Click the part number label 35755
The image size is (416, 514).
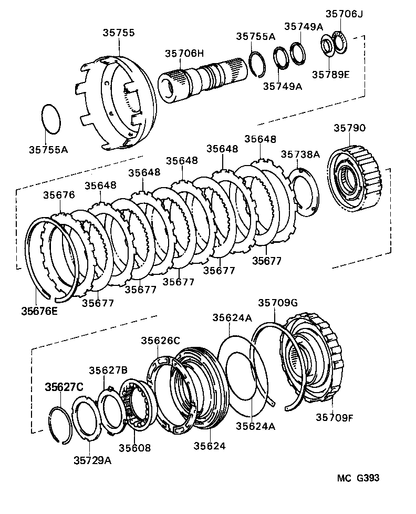pyautogui.click(x=118, y=33)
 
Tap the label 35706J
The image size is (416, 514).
pyautogui.click(x=344, y=14)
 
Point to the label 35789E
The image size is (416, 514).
pyautogui.click(x=332, y=74)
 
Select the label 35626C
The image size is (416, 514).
pyautogui.click(x=160, y=341)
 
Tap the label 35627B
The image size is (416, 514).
pyautogui.click(x=108, y=370)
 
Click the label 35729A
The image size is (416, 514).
pyautogui.click(x=92, y=460)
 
